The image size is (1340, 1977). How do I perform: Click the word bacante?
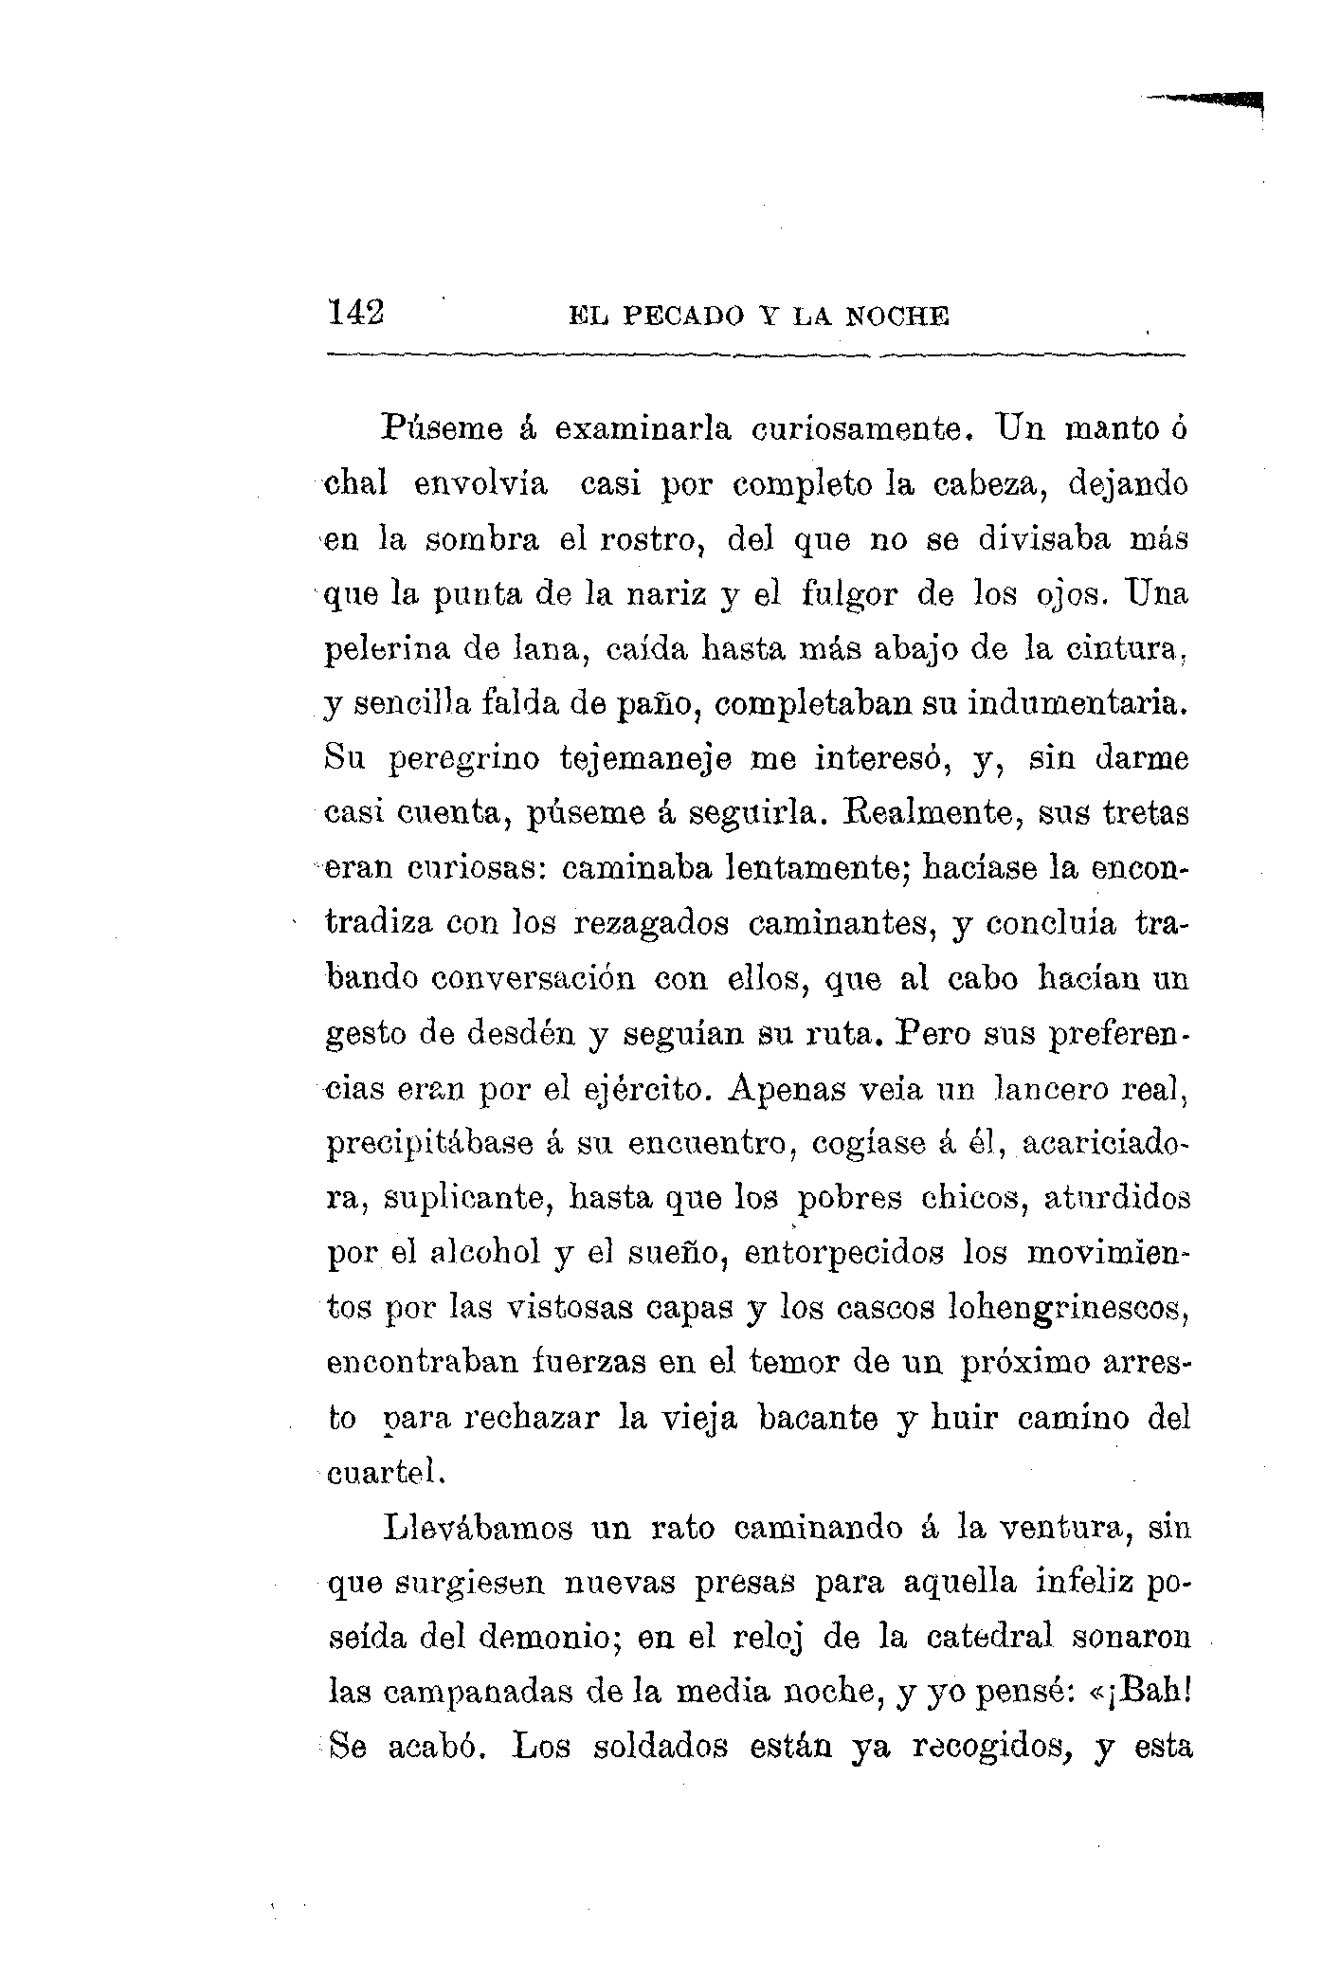(818, 1419)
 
